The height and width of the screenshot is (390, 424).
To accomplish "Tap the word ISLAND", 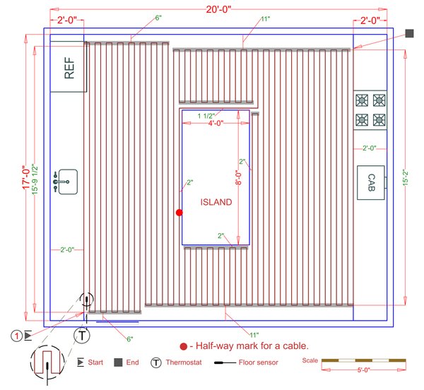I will (x=216, y=202).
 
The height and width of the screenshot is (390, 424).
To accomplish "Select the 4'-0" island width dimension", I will (x=217, y=124).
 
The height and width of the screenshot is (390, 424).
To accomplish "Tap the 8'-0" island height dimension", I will (x=238, y=180).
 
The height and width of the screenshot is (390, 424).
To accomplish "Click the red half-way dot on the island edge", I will (x=179, y=212).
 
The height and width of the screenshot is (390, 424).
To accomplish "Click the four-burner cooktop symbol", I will (x=370, y=110).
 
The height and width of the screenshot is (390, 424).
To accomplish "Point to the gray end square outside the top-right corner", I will (x=409, y=33).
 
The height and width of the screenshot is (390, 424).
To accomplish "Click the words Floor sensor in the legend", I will (x=259, y=362).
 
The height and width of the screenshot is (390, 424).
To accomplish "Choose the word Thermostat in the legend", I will (x=187, y=362).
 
